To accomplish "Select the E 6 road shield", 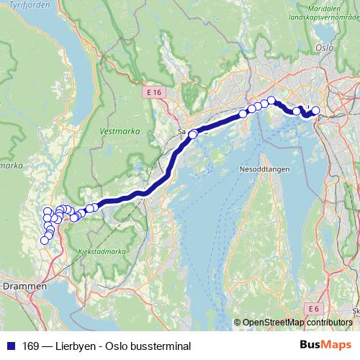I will pyautogui.click(x=311, y=309).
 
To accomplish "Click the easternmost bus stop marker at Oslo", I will pyautogui.click(x=315, y=110).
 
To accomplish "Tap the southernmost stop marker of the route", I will pyautogui.click(x=44, y=240).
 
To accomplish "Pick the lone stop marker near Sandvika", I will pyautogui.click(x=193, y=134).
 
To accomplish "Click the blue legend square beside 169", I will pyautogui.click(x=10, y=346).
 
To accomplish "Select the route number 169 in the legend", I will pyautogui.click(x=28, y=346).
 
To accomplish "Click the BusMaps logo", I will pyautogui.click(x=324, y=346).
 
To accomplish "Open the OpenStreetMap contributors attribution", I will pyautogui.click(x=296, y=323).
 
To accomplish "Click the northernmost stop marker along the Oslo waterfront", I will pyautogui.click(x=271, y=100).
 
